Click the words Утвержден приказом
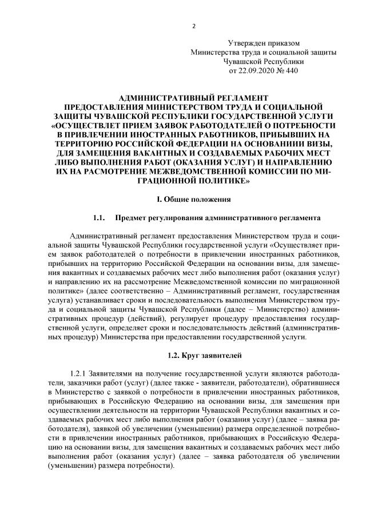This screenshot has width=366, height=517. tap(264, 42)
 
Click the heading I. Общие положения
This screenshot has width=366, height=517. tap(194, 200)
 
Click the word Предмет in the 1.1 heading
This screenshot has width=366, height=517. tap(131, 218)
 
